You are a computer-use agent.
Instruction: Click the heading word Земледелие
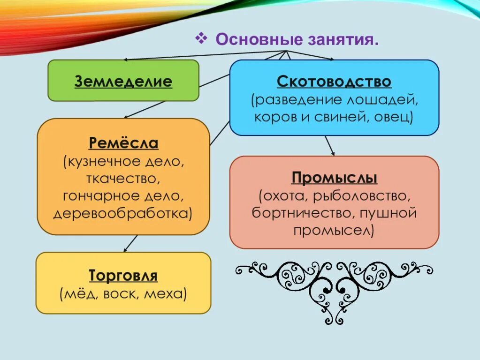[123, 82]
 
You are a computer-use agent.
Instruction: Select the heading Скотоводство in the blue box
[334, 82]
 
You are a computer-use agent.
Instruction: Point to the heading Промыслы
[335, 178]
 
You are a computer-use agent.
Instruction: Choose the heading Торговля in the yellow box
[123, 275]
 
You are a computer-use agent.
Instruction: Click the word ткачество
[123, 179]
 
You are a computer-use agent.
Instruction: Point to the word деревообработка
[122, 213]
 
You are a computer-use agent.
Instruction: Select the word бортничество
[303, 213]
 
